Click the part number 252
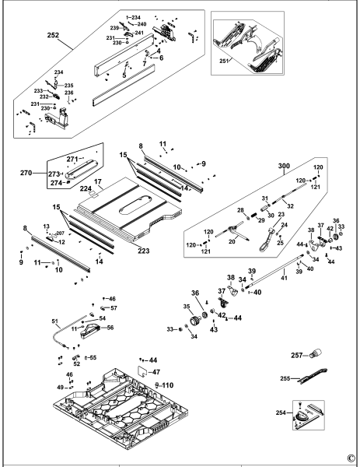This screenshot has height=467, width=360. coord(53,35)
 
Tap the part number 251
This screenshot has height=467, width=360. coord(225,61)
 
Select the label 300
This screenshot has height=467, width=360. coord(284,166)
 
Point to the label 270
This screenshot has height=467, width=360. coord(26,173)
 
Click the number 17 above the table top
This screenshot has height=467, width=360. coord(98,181)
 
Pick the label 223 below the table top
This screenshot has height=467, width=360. coord(143,251)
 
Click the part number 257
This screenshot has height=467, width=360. coord(296,355)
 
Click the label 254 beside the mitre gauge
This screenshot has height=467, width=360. coord(281,413)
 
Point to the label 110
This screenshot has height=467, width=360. coord(167,385)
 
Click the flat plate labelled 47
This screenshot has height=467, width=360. coord(144,371)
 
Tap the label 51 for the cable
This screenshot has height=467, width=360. coord(54,321)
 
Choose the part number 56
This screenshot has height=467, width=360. coord(110,328)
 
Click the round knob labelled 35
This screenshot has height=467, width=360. coord(197,322)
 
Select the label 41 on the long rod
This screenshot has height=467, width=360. coord(284,278)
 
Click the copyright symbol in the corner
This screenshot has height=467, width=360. coord(351,457)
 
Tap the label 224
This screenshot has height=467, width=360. coord(86,188)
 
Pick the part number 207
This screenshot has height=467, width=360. coord(60,233)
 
